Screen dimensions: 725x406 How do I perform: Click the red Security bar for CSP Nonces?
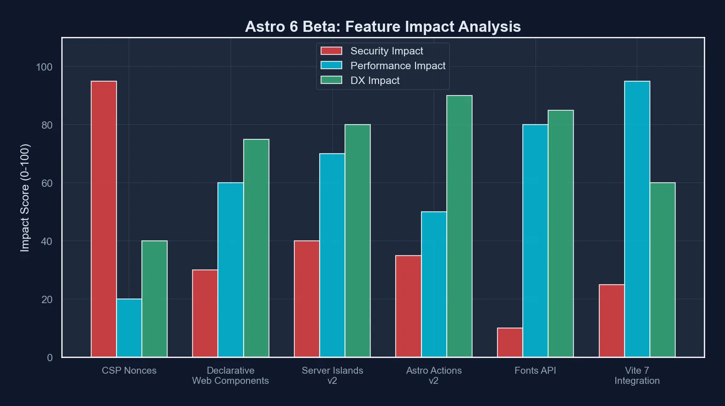coord(104,219)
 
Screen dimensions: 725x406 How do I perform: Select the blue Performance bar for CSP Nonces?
coord(129,328)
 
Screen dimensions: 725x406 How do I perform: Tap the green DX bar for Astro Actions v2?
coord(459,226)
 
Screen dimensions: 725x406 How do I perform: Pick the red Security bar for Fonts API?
coord(510,342)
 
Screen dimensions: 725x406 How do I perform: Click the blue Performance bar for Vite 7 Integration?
coord(637,219)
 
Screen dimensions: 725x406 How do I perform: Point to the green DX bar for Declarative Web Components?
coord(256,248)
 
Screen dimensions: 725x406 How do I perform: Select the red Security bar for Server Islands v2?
coord(307,299)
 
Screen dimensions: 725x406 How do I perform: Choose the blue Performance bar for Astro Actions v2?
coord(434,284)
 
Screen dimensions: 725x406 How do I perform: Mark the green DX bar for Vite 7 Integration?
coord(662,270)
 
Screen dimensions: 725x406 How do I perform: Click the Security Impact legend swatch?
coord(331,51)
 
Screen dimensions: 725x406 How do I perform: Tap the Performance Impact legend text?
coord(398,66)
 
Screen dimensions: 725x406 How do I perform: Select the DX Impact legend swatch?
coord(331,80)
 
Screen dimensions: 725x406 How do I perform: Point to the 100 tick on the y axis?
coord(44,67)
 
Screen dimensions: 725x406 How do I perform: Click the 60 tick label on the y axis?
coord(47,183)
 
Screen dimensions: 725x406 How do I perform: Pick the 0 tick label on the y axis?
coord(50,358)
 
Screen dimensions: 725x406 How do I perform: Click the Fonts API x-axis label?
coord(535,370)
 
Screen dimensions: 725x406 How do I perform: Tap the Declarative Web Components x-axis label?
coord(230,376)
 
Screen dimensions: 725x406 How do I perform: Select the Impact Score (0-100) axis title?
coord(25,198)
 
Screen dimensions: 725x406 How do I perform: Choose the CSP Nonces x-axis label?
coord(129,370)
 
